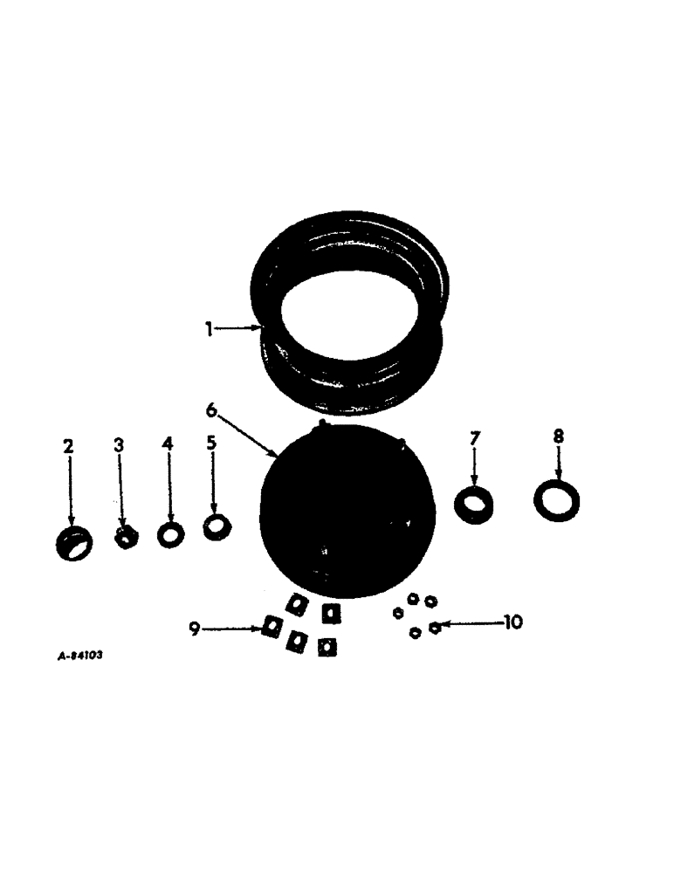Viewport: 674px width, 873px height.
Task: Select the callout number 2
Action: coord(67,446)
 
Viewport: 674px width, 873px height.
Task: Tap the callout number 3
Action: coord(119,444)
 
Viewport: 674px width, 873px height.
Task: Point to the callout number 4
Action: coord(168,443)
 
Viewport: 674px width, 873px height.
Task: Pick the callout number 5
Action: coord(210,443)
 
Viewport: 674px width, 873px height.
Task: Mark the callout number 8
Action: coord(559,434)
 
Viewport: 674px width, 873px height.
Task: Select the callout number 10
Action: coord(512,622)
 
